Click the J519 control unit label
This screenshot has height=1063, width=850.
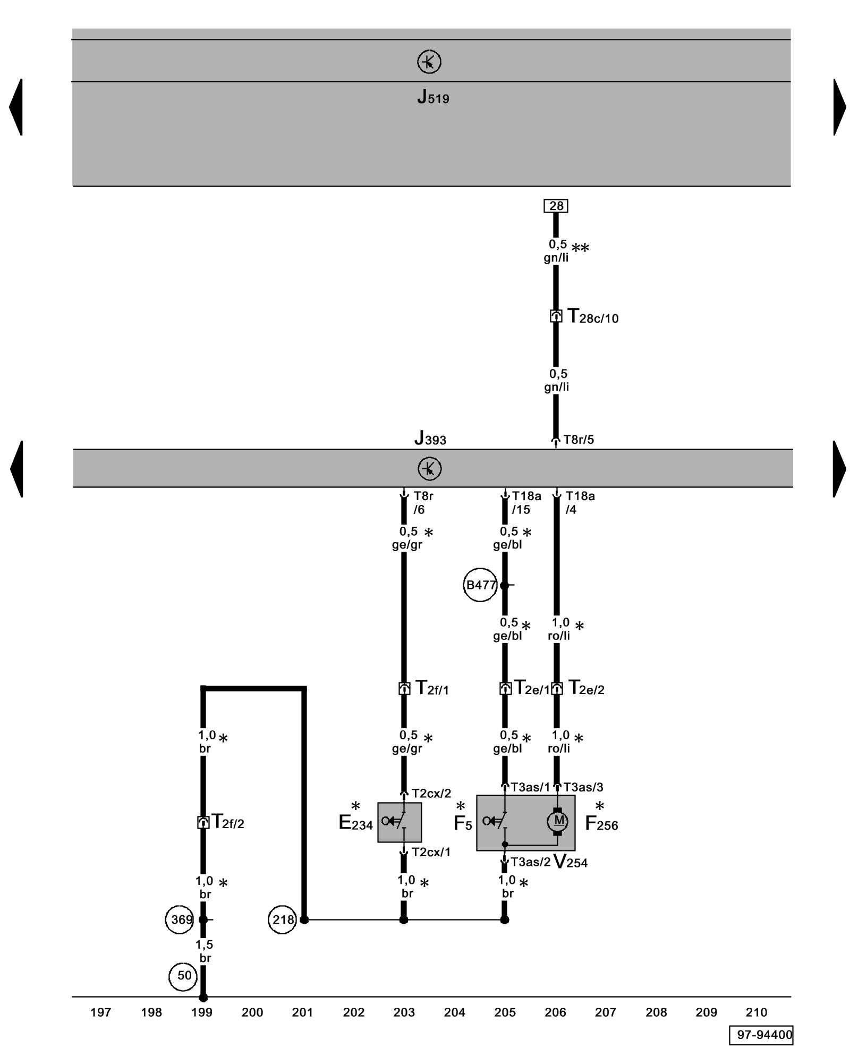coord(432,97)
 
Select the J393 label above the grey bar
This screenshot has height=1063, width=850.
coord(430,439)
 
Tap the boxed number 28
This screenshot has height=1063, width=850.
coord(556,206)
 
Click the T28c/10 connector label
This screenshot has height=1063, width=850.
coord(592,317)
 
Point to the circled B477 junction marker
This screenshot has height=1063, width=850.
coord(480,585)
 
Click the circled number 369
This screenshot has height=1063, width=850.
coord(182,919)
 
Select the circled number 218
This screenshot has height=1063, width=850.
coord(282,919)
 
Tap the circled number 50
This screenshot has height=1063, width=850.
coord(183,975)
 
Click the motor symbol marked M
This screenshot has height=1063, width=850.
coord(558,821)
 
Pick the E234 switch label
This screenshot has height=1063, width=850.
coord(355,822)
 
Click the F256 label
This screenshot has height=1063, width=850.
coord(601,823)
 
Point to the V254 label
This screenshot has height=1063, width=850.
coord(570,862)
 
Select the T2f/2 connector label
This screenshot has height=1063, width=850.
coord(227,822)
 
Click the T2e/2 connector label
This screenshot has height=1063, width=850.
coord(586,688)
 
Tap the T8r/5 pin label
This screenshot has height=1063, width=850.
coord(578,440)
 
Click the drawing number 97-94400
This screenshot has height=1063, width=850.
coord(761,1035)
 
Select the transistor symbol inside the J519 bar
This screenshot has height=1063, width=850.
coord(429,62)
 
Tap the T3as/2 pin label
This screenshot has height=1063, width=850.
coord(530,862)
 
